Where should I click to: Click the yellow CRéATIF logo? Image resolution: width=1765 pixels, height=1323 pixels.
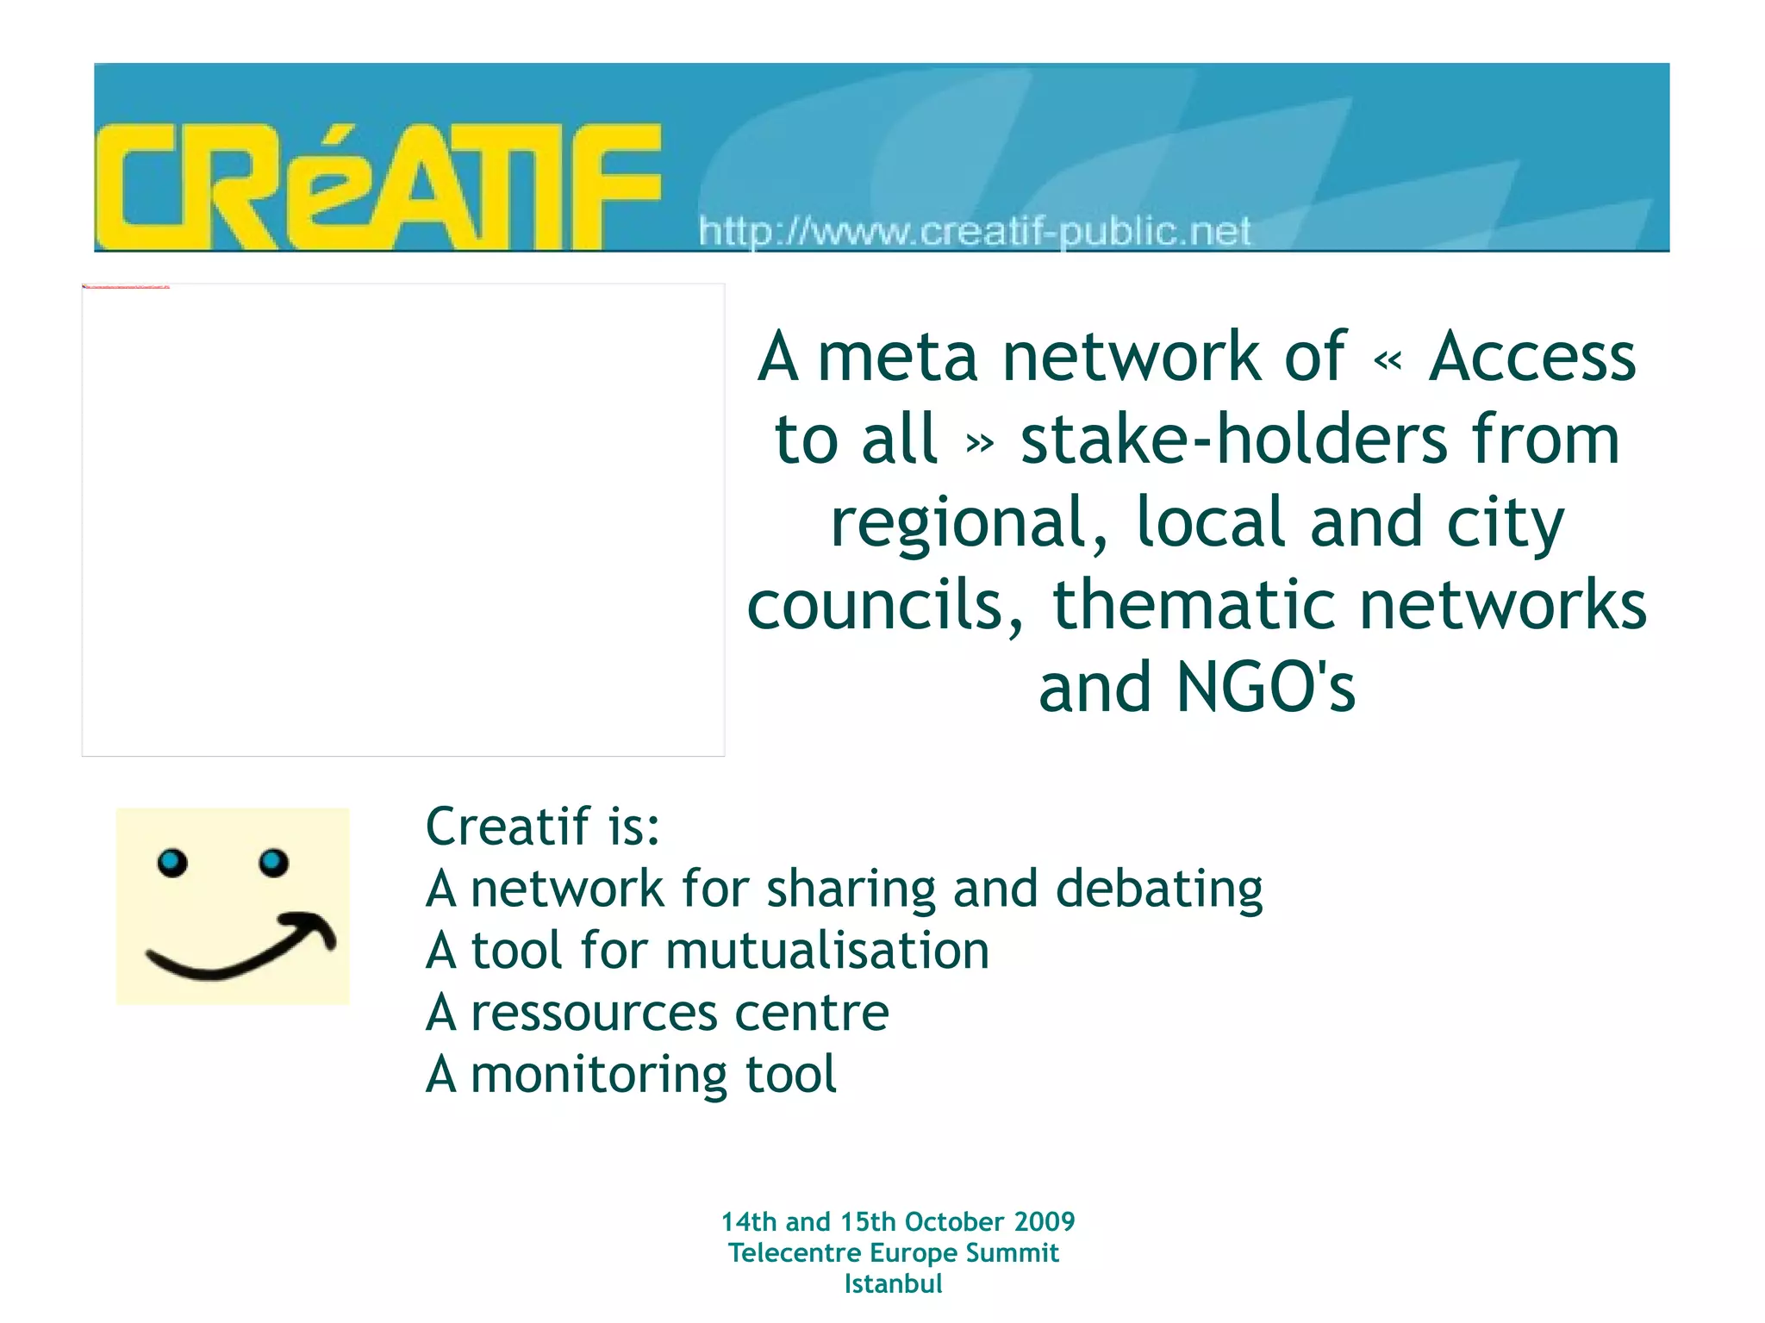pos(377,186)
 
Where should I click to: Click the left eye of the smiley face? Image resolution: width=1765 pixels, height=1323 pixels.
pos(172,862)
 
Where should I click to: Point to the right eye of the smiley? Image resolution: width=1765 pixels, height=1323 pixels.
pos(273,861)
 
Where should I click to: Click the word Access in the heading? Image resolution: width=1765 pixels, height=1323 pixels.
pos(1531,356)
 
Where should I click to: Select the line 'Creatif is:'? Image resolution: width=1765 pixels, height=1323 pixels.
pos(543,827)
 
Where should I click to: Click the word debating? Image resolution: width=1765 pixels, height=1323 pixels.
pos(1159,889)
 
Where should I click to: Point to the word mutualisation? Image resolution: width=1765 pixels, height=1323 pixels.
pos(827,951)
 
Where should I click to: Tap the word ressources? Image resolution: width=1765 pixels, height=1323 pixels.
pos(595,1013)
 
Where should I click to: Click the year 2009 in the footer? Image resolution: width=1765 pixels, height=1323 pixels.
pos(1045,1222)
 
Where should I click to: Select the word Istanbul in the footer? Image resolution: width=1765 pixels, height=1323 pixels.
pos(893,1284)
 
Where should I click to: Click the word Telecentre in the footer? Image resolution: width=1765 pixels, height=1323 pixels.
pos(795,1253)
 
